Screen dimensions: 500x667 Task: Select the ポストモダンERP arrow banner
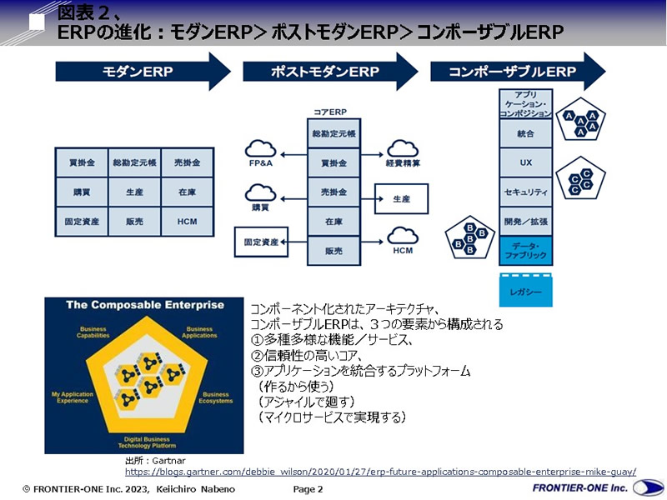pyautogui.click(x=325, y=72)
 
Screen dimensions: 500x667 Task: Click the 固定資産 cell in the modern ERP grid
pyautogui.click(x=82, y=222)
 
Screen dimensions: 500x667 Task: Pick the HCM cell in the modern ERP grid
pyautogui.click(x=188, y=222)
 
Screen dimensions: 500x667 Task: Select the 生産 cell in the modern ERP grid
pyautogui.click(x=134, y=192)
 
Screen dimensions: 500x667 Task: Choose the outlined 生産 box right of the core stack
pyautogui.click(x=402, y=199)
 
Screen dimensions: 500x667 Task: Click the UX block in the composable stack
pyautogui.click(x=525, y=163)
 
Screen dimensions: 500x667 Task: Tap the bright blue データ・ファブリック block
pyautogui.click(x=525, y=251)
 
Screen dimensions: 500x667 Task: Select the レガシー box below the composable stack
pyautogui.click(x=525, y=292)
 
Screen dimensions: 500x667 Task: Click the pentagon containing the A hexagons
pyautogui.click(x=581, y=122)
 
